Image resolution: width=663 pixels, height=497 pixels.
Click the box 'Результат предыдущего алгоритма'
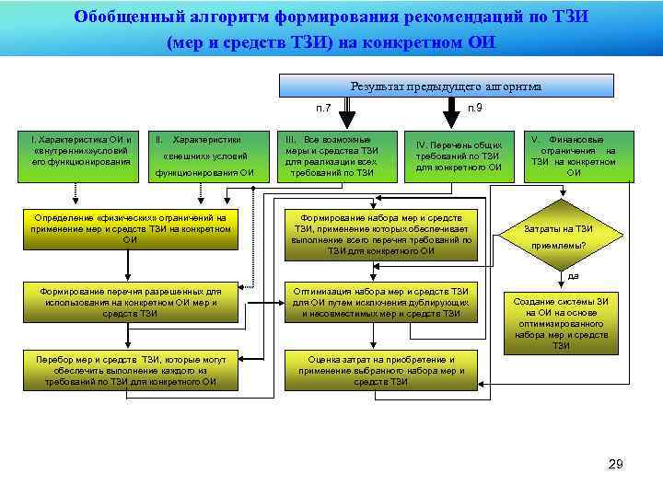446,86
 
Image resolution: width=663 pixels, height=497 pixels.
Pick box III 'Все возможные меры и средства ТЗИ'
331,155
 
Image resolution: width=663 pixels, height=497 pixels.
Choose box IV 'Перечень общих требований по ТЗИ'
459,155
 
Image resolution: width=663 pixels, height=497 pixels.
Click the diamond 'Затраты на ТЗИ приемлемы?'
558,236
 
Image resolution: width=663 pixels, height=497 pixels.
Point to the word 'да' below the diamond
572,276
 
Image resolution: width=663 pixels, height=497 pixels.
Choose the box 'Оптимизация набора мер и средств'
380,302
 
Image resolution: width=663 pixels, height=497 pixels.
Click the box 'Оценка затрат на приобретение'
380,370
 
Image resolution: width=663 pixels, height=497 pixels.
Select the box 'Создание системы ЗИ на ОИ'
561,323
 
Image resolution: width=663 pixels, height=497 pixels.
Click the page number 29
615,464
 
